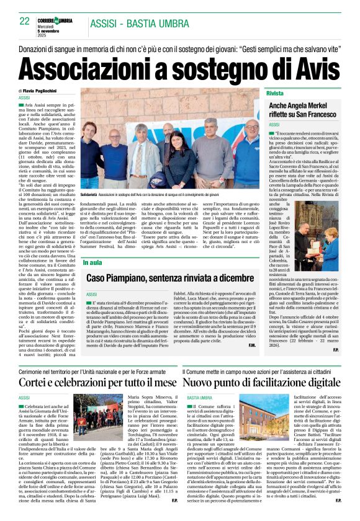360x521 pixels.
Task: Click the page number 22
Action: coord(25,20)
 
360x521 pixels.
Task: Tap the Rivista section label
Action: coord(274,92)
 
